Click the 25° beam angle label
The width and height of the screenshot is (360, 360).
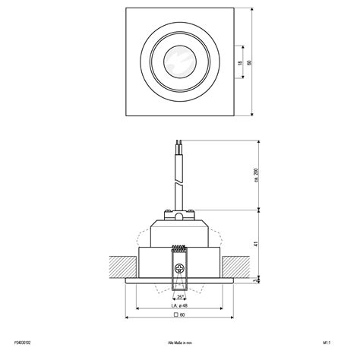coord(180,297)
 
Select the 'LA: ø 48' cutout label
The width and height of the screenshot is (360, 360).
coord(179,305)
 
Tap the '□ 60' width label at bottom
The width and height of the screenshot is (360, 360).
coord(180,315)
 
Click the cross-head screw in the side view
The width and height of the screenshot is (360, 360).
coord(180,268)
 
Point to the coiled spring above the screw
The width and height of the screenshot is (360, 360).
coord(180,249)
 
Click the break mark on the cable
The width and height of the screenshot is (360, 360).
coord(178,185)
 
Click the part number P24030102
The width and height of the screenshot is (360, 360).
coord(27,343)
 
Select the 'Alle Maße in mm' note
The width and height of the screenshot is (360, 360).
coord(180,343)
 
